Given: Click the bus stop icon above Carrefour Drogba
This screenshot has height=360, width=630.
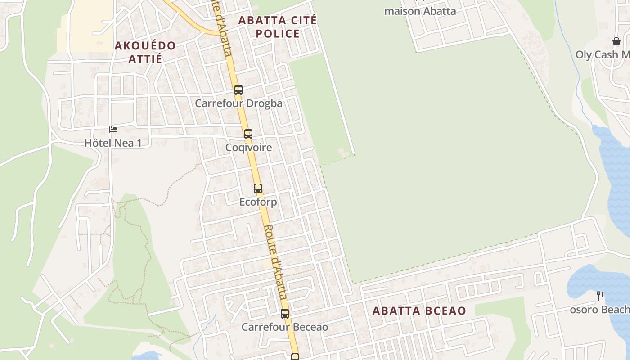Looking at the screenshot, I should click(238, 90).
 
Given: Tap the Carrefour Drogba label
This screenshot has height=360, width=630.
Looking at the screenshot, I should click(238, 103).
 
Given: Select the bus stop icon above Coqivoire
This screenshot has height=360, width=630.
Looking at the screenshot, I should click(248, 134).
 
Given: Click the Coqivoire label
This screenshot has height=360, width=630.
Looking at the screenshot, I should click(249, 148).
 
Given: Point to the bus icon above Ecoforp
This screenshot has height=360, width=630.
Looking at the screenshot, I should click(258, 189).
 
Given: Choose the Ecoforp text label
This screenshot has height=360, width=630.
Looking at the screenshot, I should click(258, 202).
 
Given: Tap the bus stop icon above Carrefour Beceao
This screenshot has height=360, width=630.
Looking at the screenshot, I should click(285, 314).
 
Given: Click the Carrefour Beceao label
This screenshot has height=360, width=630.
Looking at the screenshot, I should click(285, 327).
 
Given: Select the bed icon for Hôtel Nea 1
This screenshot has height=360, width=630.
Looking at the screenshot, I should click(113, 130).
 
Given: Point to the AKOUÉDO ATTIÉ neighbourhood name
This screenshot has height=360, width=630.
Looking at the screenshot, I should click(145, 52).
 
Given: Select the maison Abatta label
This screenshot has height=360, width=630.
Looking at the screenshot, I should click(420, 11).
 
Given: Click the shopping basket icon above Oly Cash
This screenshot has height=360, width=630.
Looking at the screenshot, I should click(616, 41).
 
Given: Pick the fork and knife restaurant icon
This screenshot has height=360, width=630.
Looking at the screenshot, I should click(600, 296).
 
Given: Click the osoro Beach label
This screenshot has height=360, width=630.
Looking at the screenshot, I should click(599, 310).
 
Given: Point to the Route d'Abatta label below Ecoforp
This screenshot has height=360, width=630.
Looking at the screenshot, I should click(275, 262).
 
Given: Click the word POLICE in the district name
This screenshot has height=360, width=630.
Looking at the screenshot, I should click(277, 34).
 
